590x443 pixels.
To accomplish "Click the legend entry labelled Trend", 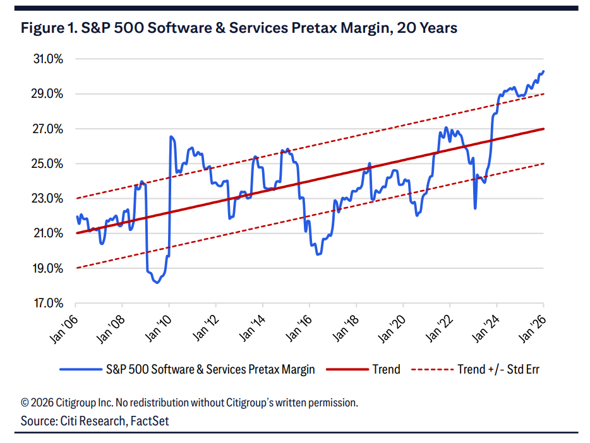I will pos(386,369).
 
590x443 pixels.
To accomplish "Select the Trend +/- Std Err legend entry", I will pos(498,369).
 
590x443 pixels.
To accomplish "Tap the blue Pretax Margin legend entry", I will pos(210,369).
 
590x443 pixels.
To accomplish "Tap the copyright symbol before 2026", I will pos(25,402).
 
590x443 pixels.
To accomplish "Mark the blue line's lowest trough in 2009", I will pos(156,283).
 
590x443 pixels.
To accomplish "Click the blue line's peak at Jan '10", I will pos(171,136).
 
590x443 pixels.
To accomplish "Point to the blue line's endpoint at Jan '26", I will pos(543,71).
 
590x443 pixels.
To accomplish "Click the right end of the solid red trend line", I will pos(543,129).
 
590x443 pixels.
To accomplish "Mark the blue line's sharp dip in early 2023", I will pos(475,208).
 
